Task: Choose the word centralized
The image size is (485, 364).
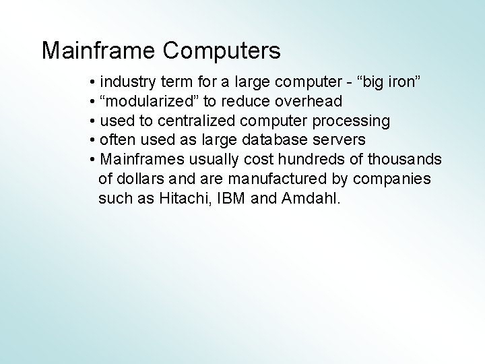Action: pos(196,121)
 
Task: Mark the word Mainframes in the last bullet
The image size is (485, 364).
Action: pos(140,160)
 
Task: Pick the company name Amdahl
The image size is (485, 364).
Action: pos(313,199)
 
